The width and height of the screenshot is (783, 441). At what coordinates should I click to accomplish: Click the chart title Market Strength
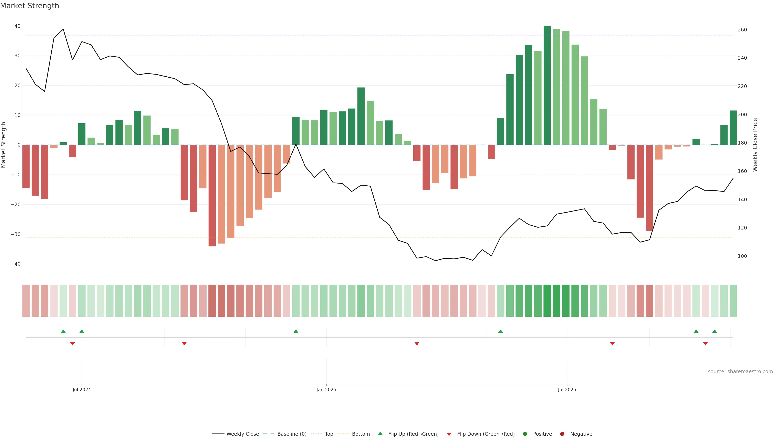(30, 6)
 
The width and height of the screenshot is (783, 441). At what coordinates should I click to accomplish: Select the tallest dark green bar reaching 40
(547, 85)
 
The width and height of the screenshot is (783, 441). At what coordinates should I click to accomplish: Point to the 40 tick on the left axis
(17, 26)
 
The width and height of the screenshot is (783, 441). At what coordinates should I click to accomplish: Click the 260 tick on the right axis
(742, 30)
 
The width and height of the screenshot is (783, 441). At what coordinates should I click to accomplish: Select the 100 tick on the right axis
(742, 256)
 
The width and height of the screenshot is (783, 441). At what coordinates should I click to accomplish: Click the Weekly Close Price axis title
(755, 145)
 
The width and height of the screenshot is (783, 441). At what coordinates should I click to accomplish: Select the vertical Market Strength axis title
(4, 145)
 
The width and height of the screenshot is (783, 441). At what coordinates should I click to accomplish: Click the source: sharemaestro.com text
(740, 372)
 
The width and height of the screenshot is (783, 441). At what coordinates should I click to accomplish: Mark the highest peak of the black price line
(63, 29)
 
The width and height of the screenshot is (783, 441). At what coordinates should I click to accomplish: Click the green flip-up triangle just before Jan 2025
(296, 331)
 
